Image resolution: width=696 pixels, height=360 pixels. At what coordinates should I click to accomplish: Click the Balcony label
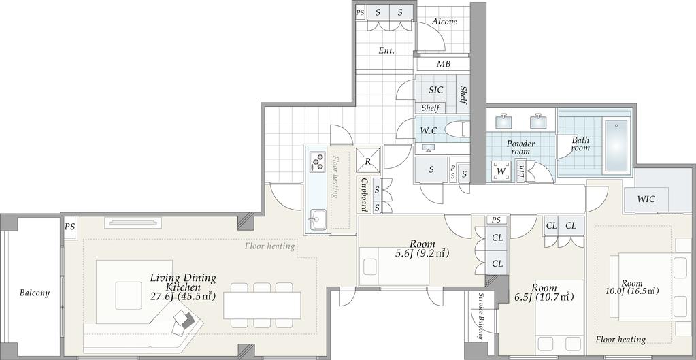(35, 293)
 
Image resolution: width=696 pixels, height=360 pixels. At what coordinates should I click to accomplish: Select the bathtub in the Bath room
(616, 145)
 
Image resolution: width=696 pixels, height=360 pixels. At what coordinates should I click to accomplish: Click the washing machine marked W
(501, 171)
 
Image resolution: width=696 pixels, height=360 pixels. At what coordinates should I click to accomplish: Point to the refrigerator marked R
(368, 160)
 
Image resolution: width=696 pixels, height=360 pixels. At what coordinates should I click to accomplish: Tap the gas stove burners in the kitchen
(318, 161)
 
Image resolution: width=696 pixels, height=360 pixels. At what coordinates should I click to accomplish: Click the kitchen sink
(318, 220)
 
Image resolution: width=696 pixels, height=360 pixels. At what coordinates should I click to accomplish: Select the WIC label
(646, 199)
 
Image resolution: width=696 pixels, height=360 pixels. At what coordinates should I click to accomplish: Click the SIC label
(435, 90)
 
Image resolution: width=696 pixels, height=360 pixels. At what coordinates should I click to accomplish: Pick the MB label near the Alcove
(443, 64)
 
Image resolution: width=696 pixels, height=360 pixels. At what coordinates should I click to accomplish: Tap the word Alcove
(444, 22)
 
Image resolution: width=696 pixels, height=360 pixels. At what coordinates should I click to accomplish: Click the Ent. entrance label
(386, 50)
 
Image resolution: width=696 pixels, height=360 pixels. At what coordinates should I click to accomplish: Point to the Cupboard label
(364, 195)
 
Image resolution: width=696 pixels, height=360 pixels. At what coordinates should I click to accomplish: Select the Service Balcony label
(480, 316)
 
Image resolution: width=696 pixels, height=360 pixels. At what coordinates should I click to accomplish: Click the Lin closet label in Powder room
(521, 171)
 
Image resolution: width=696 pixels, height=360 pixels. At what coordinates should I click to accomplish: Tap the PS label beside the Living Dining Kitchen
(69, 227)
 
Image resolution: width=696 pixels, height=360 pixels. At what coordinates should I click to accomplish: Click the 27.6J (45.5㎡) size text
(183, 297)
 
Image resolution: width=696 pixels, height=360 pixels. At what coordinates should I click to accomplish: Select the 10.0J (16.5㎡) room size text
(632, 291)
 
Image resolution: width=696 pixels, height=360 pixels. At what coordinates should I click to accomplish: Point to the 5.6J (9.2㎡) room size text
(422, 254)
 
